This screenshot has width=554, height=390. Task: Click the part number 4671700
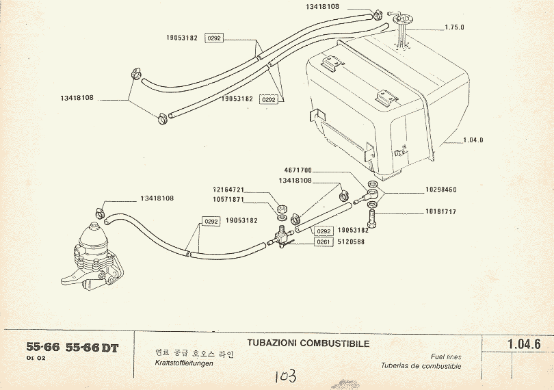(298, 170)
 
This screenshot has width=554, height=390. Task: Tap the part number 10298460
(440, 190)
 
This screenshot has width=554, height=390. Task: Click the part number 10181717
(440, 212)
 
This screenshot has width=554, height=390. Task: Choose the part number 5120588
(349, 242)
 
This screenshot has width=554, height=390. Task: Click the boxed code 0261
(324, 242)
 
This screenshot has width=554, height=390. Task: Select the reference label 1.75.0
(454, 27)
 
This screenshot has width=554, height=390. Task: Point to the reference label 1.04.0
(473, 140)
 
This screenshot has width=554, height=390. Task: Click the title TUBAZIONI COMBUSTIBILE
(308, 343)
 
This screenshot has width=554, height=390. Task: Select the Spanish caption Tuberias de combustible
(421, 366)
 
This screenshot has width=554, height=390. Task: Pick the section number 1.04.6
(525, 344)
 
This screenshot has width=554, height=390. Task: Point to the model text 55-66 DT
(92, 348)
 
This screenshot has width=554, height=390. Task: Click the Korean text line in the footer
(185, 353)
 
